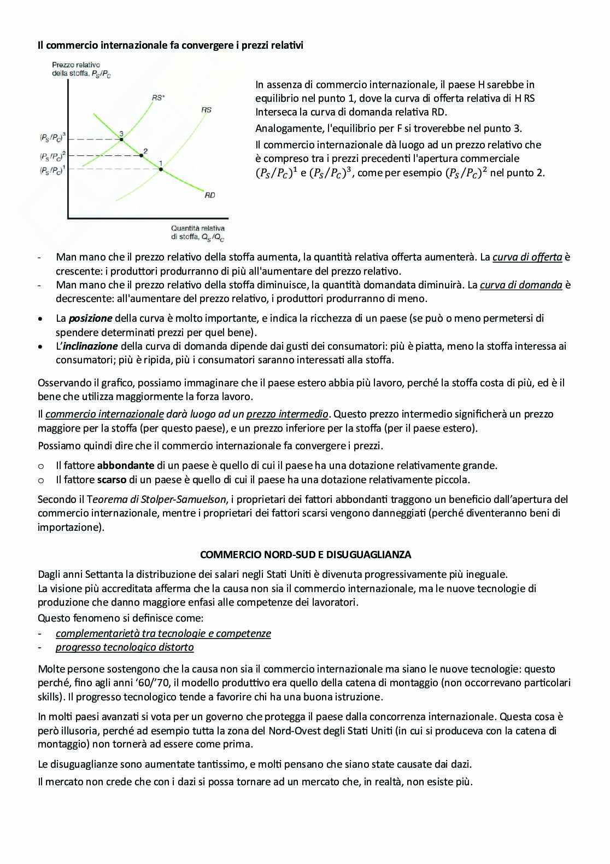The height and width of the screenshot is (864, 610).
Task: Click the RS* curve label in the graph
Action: point(159,98)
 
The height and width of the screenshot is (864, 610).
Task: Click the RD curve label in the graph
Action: point(210,195)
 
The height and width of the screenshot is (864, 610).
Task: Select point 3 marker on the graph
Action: point(122,140)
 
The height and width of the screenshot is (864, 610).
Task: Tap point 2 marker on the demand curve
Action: point(142,156)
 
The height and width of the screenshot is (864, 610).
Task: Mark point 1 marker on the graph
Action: point(161,169)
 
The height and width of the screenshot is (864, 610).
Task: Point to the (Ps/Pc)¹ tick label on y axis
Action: point(52,170)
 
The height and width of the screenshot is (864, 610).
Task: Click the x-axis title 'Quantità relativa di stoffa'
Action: point(197,233)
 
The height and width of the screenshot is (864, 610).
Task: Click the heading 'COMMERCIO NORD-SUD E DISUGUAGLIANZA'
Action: point(306,554)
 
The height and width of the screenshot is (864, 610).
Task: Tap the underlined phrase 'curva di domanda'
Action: point(521,285)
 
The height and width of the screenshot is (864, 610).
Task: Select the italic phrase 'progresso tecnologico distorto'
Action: point(125,647)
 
